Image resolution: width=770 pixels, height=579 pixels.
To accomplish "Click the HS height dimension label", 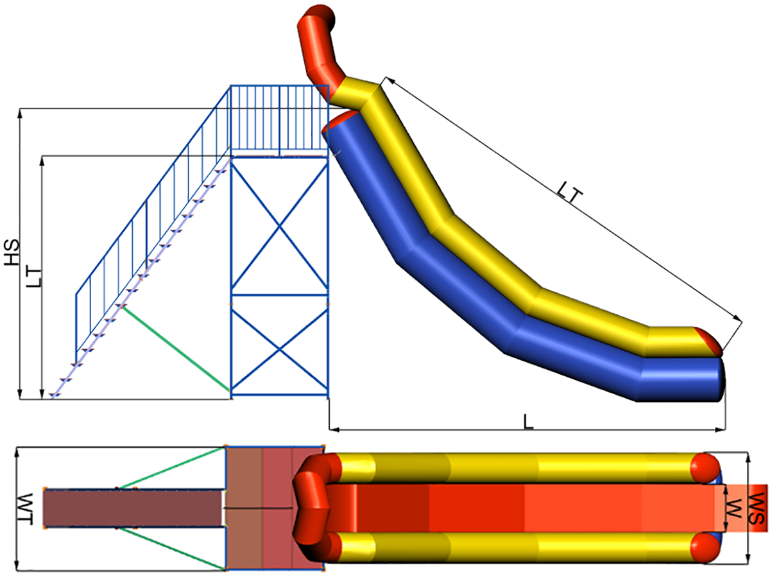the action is tap(13, 252).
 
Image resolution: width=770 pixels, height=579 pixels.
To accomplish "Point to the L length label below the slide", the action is tap(528, 422).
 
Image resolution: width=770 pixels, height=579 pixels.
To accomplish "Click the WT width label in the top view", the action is tap(25, 509).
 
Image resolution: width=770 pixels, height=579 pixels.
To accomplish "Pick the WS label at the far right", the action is tap(757, 508).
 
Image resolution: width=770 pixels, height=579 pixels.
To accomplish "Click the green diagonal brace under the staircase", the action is tap(176, 348).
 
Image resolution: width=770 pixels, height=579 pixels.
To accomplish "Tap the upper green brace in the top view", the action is tap(172, 467).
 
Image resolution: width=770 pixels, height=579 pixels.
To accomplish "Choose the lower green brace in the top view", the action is tap(172, 548).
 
